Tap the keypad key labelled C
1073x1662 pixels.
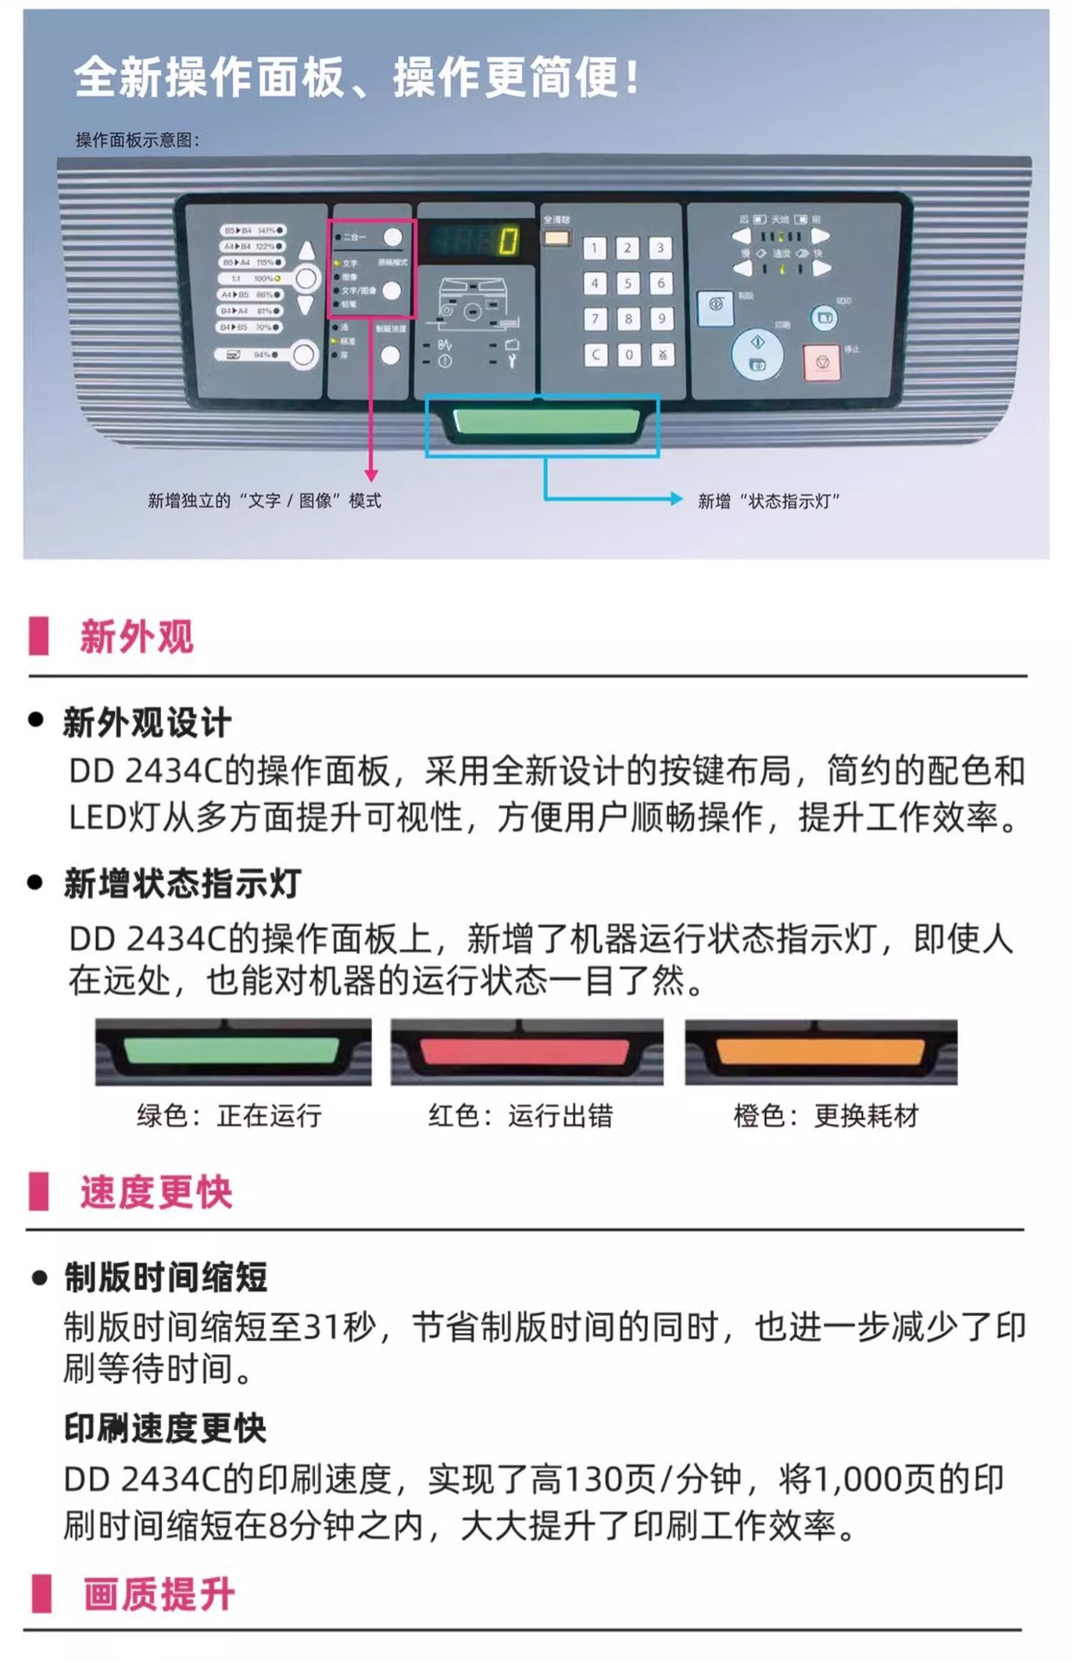(x=595, y=355)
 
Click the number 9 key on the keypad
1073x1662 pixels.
(x=661, y=319)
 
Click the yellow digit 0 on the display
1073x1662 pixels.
(x=508, y=241)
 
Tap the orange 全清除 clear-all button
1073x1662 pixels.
(x=556, y=237)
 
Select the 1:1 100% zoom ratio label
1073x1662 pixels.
(x=252, y=279)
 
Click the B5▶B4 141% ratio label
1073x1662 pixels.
(x=252, y=231)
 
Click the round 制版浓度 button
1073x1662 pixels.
(x=390, y=355)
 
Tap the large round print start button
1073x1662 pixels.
(x=757, y=353)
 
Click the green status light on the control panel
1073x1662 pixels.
(x=546, y=422)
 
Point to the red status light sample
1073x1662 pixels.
(x=526, y=1052)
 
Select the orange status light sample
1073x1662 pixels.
(x=820, y=1052)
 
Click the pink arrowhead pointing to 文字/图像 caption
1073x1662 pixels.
(x=371, y=475)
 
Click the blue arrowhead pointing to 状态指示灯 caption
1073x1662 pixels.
(x=677, y=499)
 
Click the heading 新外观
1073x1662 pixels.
(x=137, y=636)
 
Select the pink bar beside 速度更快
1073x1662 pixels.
(x=39, y=1191)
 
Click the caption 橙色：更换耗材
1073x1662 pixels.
(x=826, y=1116)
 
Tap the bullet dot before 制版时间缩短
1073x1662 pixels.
(x=39, y=1278)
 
